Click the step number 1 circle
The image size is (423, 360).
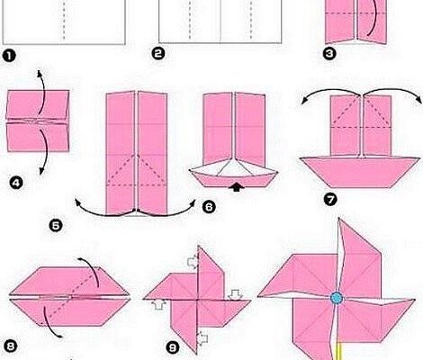point(9,57)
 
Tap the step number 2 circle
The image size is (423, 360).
point(158,54)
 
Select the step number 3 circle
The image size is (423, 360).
point(329,54)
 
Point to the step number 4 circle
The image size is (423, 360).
point(16,183)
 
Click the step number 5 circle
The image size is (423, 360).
point(56,226)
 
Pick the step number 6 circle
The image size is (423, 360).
point(209,207)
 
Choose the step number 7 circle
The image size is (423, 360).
point(330,200)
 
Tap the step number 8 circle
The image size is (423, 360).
point(10,346)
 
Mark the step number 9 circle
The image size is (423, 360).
point(172,348)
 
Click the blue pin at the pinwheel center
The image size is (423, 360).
point(337,298)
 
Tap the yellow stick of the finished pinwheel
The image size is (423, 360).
point(339,351)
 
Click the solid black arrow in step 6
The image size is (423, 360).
point(237,187)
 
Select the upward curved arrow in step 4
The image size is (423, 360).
point(42,92)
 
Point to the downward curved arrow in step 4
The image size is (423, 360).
point(45,151)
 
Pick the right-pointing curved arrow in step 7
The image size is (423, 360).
point(393,89)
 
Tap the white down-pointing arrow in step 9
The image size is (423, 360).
point(235,294)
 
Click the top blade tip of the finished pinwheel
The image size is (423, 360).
point(338,219)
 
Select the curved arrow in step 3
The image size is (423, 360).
point(373,18)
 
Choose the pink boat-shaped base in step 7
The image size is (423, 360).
point(360,172)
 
